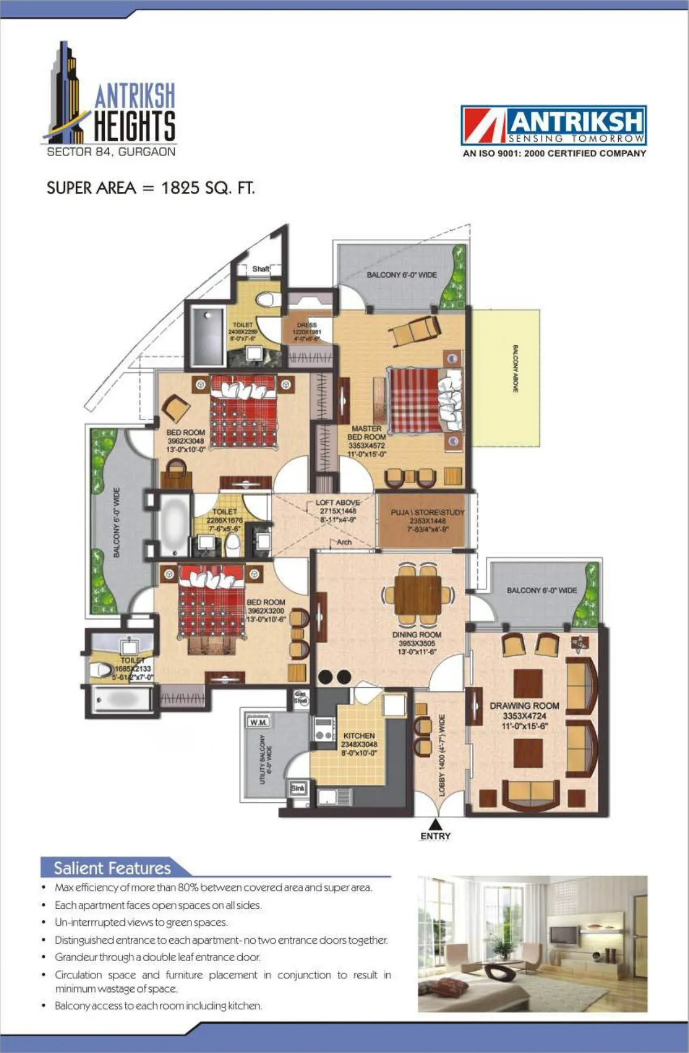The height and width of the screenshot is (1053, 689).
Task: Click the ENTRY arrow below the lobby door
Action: (x=436, y=825)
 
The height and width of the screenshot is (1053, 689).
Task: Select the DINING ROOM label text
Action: (x=417, y=634)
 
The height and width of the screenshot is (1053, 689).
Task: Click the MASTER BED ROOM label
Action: (x=366, y=433)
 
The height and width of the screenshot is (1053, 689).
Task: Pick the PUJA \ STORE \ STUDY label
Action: (x=427, y=512)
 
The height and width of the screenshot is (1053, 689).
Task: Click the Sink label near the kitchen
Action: (x=298, y=788)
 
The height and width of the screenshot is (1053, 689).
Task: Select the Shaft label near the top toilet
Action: (x=260, y=269)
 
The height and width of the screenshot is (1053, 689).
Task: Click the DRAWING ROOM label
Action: (x=524, y=706)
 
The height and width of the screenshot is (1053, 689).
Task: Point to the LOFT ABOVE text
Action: (x=338, y=502)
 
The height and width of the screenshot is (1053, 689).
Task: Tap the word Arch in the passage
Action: (x=344, y=542)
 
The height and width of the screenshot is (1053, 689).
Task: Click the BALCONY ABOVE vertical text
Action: (x=515, y=369)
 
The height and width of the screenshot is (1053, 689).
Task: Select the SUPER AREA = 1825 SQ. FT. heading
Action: (x=150, y=188)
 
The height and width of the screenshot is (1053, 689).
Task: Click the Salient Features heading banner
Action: (x=112, y=868)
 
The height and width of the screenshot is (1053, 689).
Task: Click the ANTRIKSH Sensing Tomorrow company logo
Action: (x=553, y=125)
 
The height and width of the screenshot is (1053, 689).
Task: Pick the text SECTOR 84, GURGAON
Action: (x=111, y=152)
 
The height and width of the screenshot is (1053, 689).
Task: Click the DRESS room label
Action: (x=306, y=325)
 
